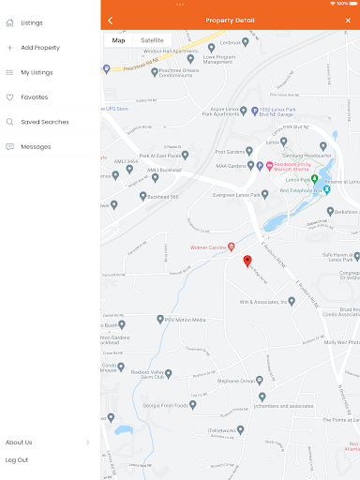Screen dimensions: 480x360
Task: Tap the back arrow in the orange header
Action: [110, 20]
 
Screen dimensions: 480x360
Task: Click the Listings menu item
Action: [31, 22]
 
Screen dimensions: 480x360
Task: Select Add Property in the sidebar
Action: [40, 47]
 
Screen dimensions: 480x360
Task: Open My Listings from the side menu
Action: [37, 72]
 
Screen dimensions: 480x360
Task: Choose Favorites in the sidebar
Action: [34, 97]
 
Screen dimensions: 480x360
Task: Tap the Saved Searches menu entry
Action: [44, 122]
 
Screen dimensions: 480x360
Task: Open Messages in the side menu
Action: [36, 146]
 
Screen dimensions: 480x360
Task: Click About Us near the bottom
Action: [19, 442]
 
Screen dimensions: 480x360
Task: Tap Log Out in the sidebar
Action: [17, 459]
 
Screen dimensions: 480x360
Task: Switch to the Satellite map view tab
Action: [152, 40]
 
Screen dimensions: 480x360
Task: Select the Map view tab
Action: [118, 40]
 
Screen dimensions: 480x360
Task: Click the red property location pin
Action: [247, 261]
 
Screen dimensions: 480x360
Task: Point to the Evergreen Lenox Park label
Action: [234, 194]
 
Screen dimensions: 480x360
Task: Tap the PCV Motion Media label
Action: [188, 319]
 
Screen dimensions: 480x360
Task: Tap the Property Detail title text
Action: [229, 20]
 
